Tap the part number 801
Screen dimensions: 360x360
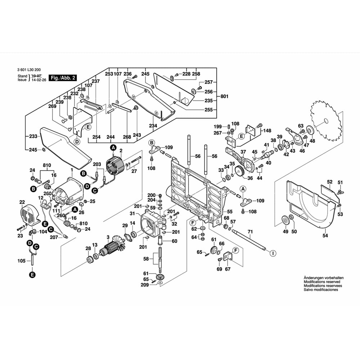[x=224, y=96]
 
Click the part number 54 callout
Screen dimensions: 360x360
[x=325, y=236]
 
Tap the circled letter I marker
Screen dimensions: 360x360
[x=273, y=253]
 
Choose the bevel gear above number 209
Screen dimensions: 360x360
[x=160, y=278]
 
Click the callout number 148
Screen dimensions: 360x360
[x=267, y=131]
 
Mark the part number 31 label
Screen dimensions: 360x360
[x=132, y=213]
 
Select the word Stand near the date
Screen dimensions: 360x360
[x=22, y=76]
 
